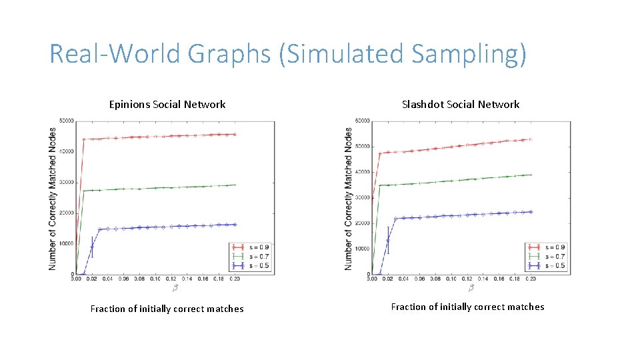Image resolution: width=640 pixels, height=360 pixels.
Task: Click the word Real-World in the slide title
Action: tap(102, 53)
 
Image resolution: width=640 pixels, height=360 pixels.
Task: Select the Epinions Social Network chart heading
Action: tap(167, 104)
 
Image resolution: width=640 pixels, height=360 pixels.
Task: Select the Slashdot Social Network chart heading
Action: tap(461, 104)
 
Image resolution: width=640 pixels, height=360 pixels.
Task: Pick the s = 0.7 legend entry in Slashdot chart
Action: tap(553, 256)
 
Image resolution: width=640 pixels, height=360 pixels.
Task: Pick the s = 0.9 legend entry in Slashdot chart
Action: tap(553, 247)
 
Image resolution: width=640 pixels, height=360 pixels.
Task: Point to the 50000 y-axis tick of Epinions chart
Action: tap(66, 121)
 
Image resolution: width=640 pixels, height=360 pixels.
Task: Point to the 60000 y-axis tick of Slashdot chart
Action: tap(362, 121)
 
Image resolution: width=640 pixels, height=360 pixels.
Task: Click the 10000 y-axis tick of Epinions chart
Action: tap(66, 243)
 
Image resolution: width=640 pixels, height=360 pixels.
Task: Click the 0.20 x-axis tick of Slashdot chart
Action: tap(531, 279)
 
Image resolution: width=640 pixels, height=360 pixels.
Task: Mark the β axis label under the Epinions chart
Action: tap(175, 288)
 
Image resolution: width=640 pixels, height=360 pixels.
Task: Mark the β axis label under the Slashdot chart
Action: tap(471, 288)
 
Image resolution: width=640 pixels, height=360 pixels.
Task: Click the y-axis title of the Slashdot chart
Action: tap(349, 198)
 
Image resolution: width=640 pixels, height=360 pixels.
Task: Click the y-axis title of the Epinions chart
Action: tap(53, 198)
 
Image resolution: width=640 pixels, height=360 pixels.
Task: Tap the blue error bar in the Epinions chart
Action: tap(92, 247)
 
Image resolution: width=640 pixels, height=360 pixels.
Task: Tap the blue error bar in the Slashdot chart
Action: tap(387, 240)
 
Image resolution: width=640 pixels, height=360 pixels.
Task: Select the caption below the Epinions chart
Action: tap(167, 309)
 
